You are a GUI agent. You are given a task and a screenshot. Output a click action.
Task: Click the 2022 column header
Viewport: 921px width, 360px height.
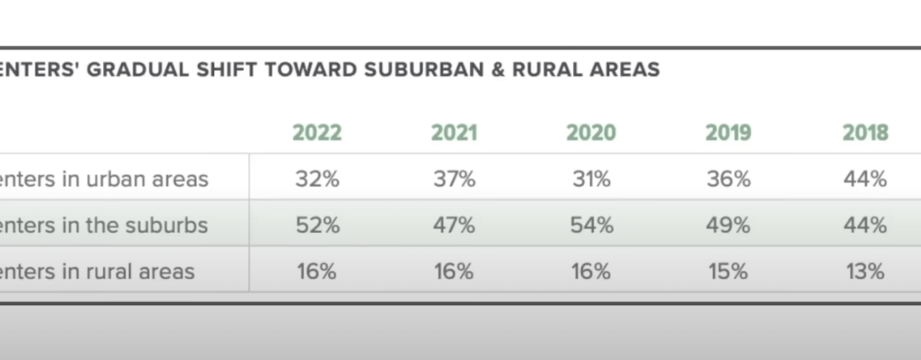point(317,133)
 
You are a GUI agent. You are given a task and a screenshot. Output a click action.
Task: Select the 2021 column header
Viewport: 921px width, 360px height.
point(455,133)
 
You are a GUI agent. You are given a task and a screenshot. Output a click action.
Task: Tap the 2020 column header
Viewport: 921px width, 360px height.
point(591,133)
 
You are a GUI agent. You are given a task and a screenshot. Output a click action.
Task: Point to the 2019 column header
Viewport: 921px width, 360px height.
point(728,133)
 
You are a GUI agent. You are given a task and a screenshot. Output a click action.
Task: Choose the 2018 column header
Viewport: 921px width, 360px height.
point(866,133)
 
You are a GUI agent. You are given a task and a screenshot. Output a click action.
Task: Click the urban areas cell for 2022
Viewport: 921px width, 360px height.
point(317,179)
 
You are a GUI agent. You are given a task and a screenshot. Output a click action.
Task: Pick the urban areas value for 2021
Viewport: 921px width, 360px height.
point(455,179)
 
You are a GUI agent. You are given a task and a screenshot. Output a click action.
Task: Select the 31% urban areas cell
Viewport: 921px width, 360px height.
point(591,179)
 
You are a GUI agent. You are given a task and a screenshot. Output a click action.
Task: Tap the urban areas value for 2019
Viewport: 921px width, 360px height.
point(728,179)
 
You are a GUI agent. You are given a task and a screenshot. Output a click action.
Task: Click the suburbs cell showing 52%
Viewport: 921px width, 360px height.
point(317,225)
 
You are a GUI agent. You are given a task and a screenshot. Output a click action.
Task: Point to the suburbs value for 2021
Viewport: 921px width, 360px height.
point(455,225)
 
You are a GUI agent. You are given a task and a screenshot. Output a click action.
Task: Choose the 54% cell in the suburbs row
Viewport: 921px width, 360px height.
point(591,225)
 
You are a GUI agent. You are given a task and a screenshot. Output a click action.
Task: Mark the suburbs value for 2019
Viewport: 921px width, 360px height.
point(728,225)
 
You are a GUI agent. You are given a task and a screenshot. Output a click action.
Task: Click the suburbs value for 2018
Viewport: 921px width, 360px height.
point(866,225)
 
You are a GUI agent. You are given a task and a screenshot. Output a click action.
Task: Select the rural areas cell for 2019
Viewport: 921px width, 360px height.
point(728,271)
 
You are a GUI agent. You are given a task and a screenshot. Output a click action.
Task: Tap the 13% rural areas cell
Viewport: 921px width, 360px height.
point(866,271)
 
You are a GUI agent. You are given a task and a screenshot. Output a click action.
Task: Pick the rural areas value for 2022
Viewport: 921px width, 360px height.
point(317,271)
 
